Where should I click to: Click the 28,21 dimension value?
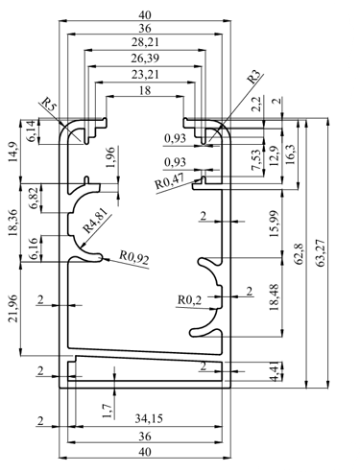point(145,42)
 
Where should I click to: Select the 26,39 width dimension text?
point(145,59)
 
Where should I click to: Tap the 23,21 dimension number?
point(145,75)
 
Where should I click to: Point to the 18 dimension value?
point(145,90)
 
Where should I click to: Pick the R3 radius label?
point(255,77)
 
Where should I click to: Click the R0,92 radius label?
point(134,258)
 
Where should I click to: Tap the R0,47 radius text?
point(170,181)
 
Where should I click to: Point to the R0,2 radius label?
point(190,300)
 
